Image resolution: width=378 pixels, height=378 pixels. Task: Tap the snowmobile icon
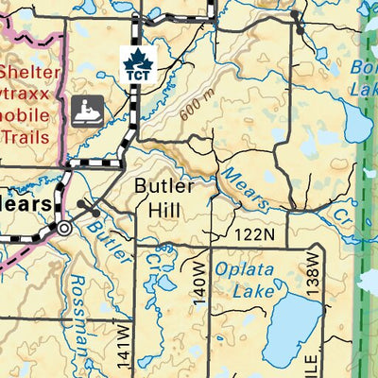coord(88,110)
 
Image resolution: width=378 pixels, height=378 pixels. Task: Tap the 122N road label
coord(255,233)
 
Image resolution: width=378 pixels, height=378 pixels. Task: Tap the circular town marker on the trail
coord(64,228)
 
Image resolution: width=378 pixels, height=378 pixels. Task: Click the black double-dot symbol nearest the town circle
coord(88,204)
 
